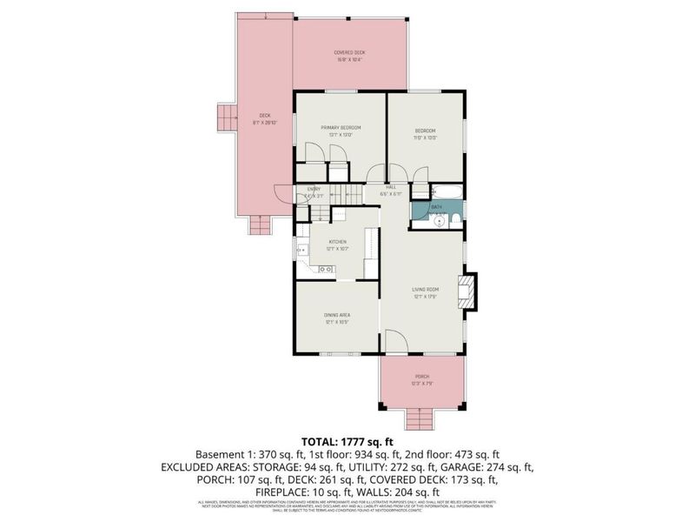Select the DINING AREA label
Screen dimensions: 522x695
[336, 317]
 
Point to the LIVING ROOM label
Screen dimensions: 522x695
[425, 289]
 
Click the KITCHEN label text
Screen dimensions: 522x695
[336, 241]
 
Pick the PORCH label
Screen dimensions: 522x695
[422, 376]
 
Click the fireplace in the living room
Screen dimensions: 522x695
[467, 292]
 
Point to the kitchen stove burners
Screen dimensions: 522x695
[327, 270]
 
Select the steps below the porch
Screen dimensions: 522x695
[421, 420]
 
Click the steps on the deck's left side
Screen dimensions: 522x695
[226, 117]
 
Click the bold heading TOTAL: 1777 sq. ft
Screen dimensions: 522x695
[347, 442]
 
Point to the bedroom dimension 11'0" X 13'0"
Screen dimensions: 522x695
[425, 137]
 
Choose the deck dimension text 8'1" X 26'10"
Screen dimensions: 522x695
[266, 123]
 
